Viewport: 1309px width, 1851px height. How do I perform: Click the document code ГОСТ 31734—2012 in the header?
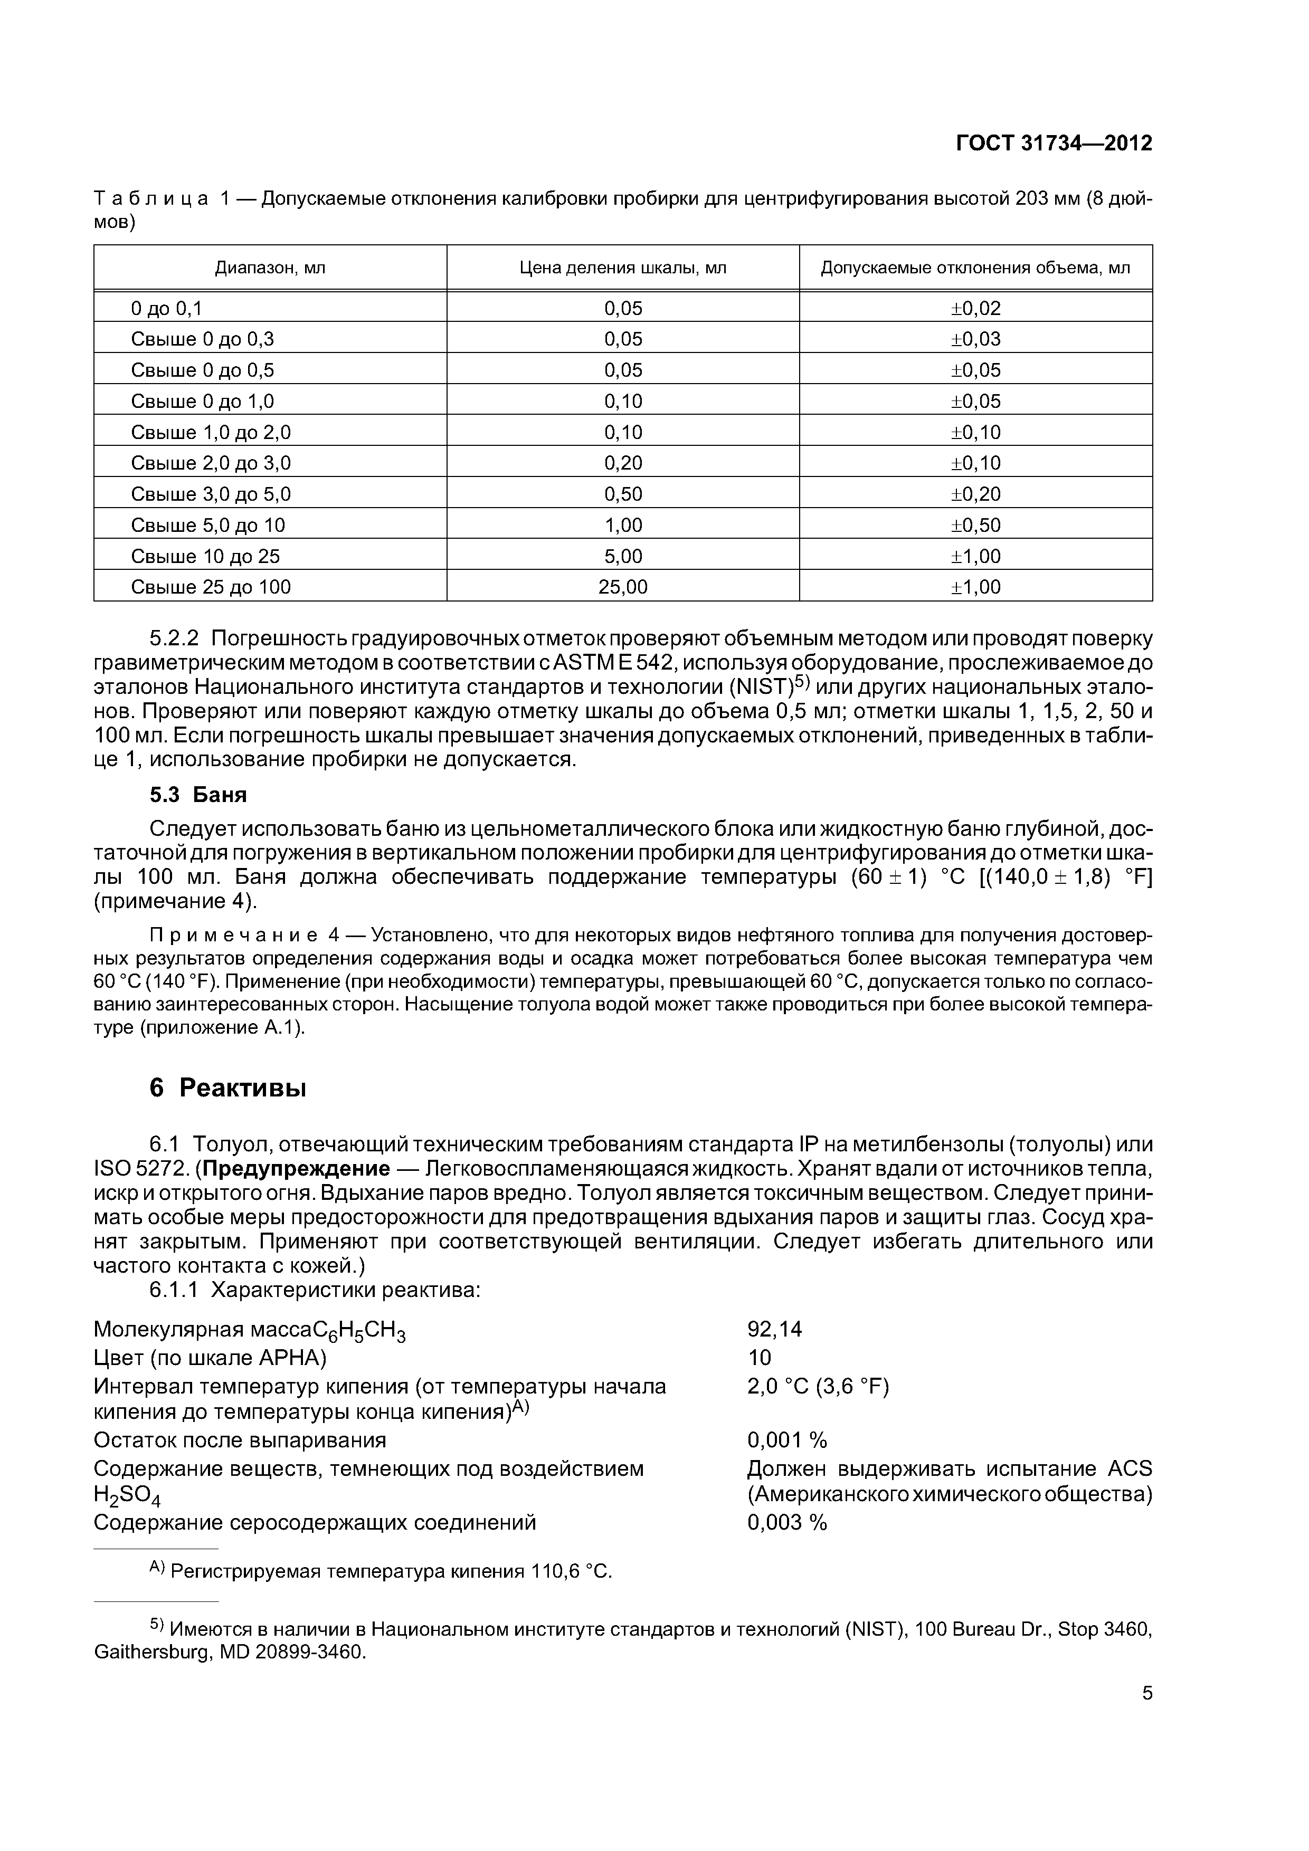[x=1054, y=144]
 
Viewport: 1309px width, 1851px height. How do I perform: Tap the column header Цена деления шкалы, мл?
[x=623, y=268]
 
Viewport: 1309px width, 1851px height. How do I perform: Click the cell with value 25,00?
[x=623, y=587]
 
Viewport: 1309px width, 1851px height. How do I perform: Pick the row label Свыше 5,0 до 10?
[x=208, y=525]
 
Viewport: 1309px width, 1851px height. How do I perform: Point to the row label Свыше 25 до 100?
[x=211, y=587]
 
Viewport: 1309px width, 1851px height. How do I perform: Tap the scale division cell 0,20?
[x=623, y=463]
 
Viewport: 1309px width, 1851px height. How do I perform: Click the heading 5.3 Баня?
[x=198, y=795]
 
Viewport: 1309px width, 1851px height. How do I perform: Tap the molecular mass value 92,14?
[x=774, y=1329]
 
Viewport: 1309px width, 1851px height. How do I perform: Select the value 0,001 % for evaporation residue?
[x=787, y=1440]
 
